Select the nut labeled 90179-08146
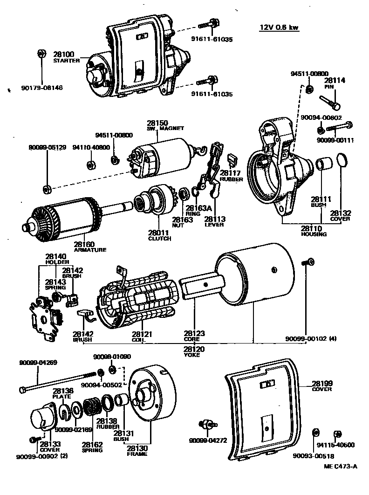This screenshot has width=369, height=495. (41, 53)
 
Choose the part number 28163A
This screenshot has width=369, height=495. (198, 208)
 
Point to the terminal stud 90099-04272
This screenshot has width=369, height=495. (206, 425)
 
